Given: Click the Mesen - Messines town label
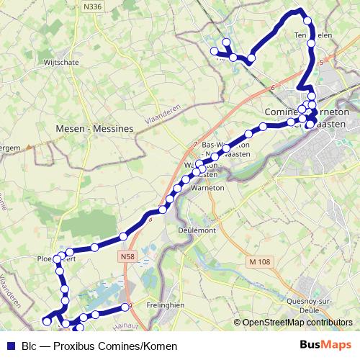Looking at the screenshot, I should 94,128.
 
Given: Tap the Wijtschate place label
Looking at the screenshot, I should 63,63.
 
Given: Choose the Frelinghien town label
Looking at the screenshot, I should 165,303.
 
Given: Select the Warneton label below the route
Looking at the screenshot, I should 209,189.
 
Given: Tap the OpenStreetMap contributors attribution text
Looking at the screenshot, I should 297,323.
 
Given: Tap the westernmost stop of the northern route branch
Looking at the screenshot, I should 214,50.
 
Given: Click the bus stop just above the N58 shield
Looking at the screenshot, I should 123,236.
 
